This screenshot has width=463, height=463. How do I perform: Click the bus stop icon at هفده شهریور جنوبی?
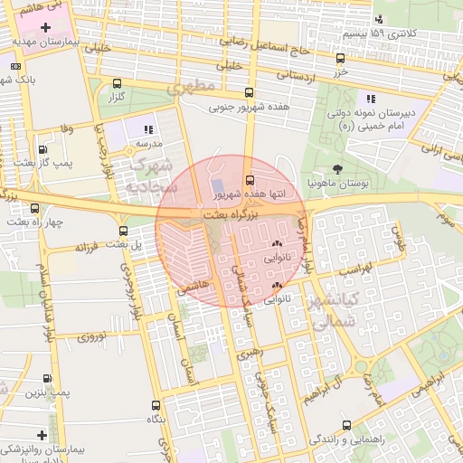[x=249, y=93]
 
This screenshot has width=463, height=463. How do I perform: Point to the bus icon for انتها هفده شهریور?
[x=250, y=180]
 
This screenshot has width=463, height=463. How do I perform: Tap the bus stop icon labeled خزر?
[x=339, y=58]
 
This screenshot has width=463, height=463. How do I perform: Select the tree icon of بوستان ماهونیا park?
[x=338, y=169]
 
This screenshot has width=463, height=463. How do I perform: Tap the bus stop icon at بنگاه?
[x=156, y=406]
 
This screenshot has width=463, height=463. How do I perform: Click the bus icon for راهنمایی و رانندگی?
[x=346, y=424]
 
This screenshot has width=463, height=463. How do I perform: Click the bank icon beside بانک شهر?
[x=13, y=66]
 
